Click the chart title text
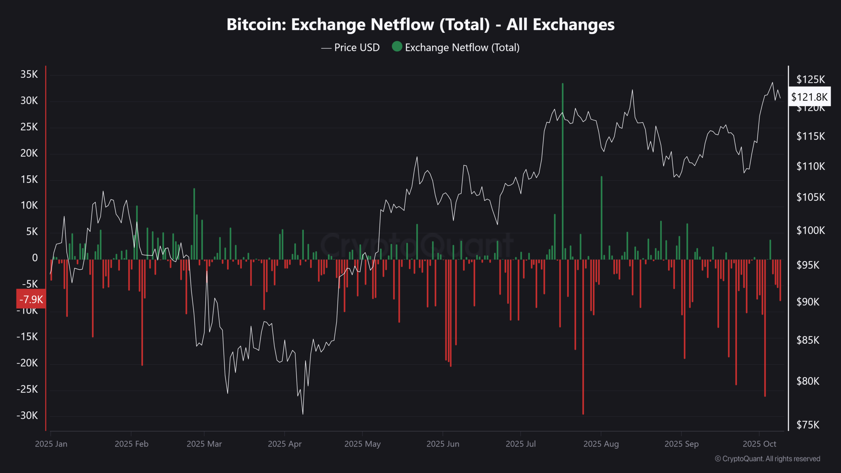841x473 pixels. (420, 25)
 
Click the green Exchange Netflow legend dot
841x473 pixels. (397, 47)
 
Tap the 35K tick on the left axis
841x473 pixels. (29, 74)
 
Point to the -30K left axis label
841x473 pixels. (27, 416)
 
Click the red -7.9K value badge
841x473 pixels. (31, 299)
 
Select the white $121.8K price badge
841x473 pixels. (809, 97)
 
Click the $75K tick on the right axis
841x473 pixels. (808, 425)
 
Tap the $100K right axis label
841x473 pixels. (810, 230)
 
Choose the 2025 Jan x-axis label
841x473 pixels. (51, 444)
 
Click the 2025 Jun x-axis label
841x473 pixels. (443, 444)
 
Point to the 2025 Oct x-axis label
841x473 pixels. (759, 444)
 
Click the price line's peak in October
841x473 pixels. (772, 83)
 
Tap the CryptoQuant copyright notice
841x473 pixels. (767, 459)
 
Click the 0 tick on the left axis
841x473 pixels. (34, 258)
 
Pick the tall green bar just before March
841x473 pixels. (194, 223)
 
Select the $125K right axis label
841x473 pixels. (810, 79)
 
